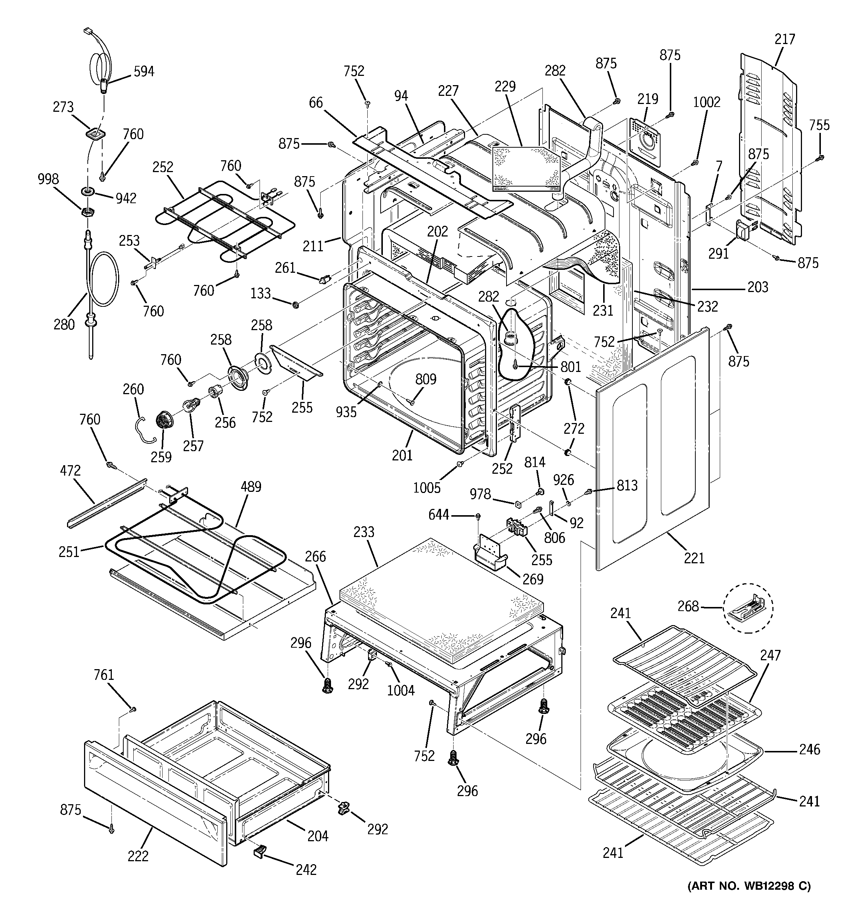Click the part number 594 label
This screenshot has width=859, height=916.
click(144, 72)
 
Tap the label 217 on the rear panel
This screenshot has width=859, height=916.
click(785, 39)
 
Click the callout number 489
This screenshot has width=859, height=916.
click(251, 487)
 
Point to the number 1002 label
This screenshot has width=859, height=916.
click(707, 102)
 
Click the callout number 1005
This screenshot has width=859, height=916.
click(427, 487)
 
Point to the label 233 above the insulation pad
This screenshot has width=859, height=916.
click(364, 532)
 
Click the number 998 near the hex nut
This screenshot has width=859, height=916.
click(48, 179)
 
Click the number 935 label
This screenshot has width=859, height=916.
click(346, 412)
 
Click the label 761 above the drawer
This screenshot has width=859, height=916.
click(104, 675)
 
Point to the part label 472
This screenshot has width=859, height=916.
click(70, 471)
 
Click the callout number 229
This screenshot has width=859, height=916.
click(505, 87)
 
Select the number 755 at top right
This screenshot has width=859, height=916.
click(819, 125)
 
